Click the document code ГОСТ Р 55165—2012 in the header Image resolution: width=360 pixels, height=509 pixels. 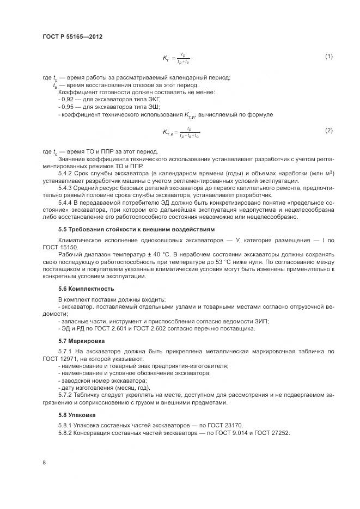click(72, 37)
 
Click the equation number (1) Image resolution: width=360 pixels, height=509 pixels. click(328, 56)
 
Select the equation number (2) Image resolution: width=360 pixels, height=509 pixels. click(328, 131)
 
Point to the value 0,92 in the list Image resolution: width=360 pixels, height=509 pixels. click(69, 100)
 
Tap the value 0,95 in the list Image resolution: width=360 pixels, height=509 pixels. click(69, 107)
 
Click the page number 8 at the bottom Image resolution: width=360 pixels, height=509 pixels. click(44, 463)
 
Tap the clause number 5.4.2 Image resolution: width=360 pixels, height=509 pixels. click(66, 173)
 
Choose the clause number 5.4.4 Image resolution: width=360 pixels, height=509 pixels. click(66, 202)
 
